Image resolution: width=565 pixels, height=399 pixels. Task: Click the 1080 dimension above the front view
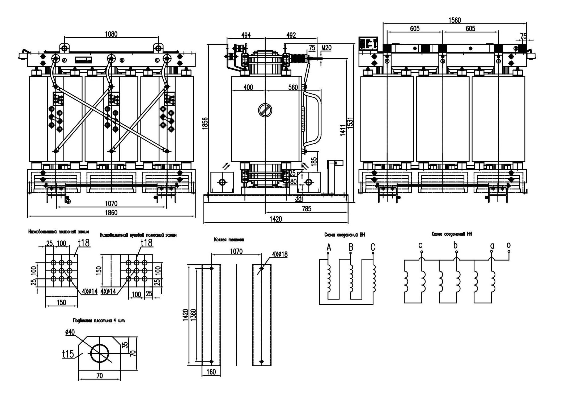pyautogui.click(x=111, y=34)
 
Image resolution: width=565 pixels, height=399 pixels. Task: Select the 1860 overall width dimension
pyautogui.click(x=111, y=212)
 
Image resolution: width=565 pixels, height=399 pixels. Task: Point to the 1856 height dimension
pyautogui.click(x=205, y=123)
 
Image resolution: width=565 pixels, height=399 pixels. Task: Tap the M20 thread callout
pyautogui.click(x=326, y=48)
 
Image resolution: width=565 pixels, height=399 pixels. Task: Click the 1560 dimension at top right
pyautogui.click(x=454, y=20)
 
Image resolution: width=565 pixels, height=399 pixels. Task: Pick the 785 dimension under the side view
pyautogui.click(x=306, y=209)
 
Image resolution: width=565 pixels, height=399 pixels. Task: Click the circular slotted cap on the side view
pyautogui.click(x=265, y=110)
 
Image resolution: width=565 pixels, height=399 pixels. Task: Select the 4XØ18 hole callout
pyautogui.click(x=279, y=254)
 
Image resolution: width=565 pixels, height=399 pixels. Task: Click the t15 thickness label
pyautogui.click(x=68, y=354)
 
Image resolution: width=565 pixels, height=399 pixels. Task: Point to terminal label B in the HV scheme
pyautogui.click(x=351, y=247)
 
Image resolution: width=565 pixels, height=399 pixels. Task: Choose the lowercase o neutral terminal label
pyautogui.click(x=508, y=245)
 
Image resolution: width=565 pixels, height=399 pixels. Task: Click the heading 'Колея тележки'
pyautogui.click(x=229, y=240)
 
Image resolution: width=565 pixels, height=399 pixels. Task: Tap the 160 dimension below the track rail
pyautogui.click(x=211, y=372)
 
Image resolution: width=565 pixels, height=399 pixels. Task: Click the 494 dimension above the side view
pyautogui.click(x=246, y=35)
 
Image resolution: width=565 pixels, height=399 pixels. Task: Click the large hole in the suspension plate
pyautogui.click(x=100, y=353)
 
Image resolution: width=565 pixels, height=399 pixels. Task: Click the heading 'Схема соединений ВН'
pyautogui.click(x=345, y=235)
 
